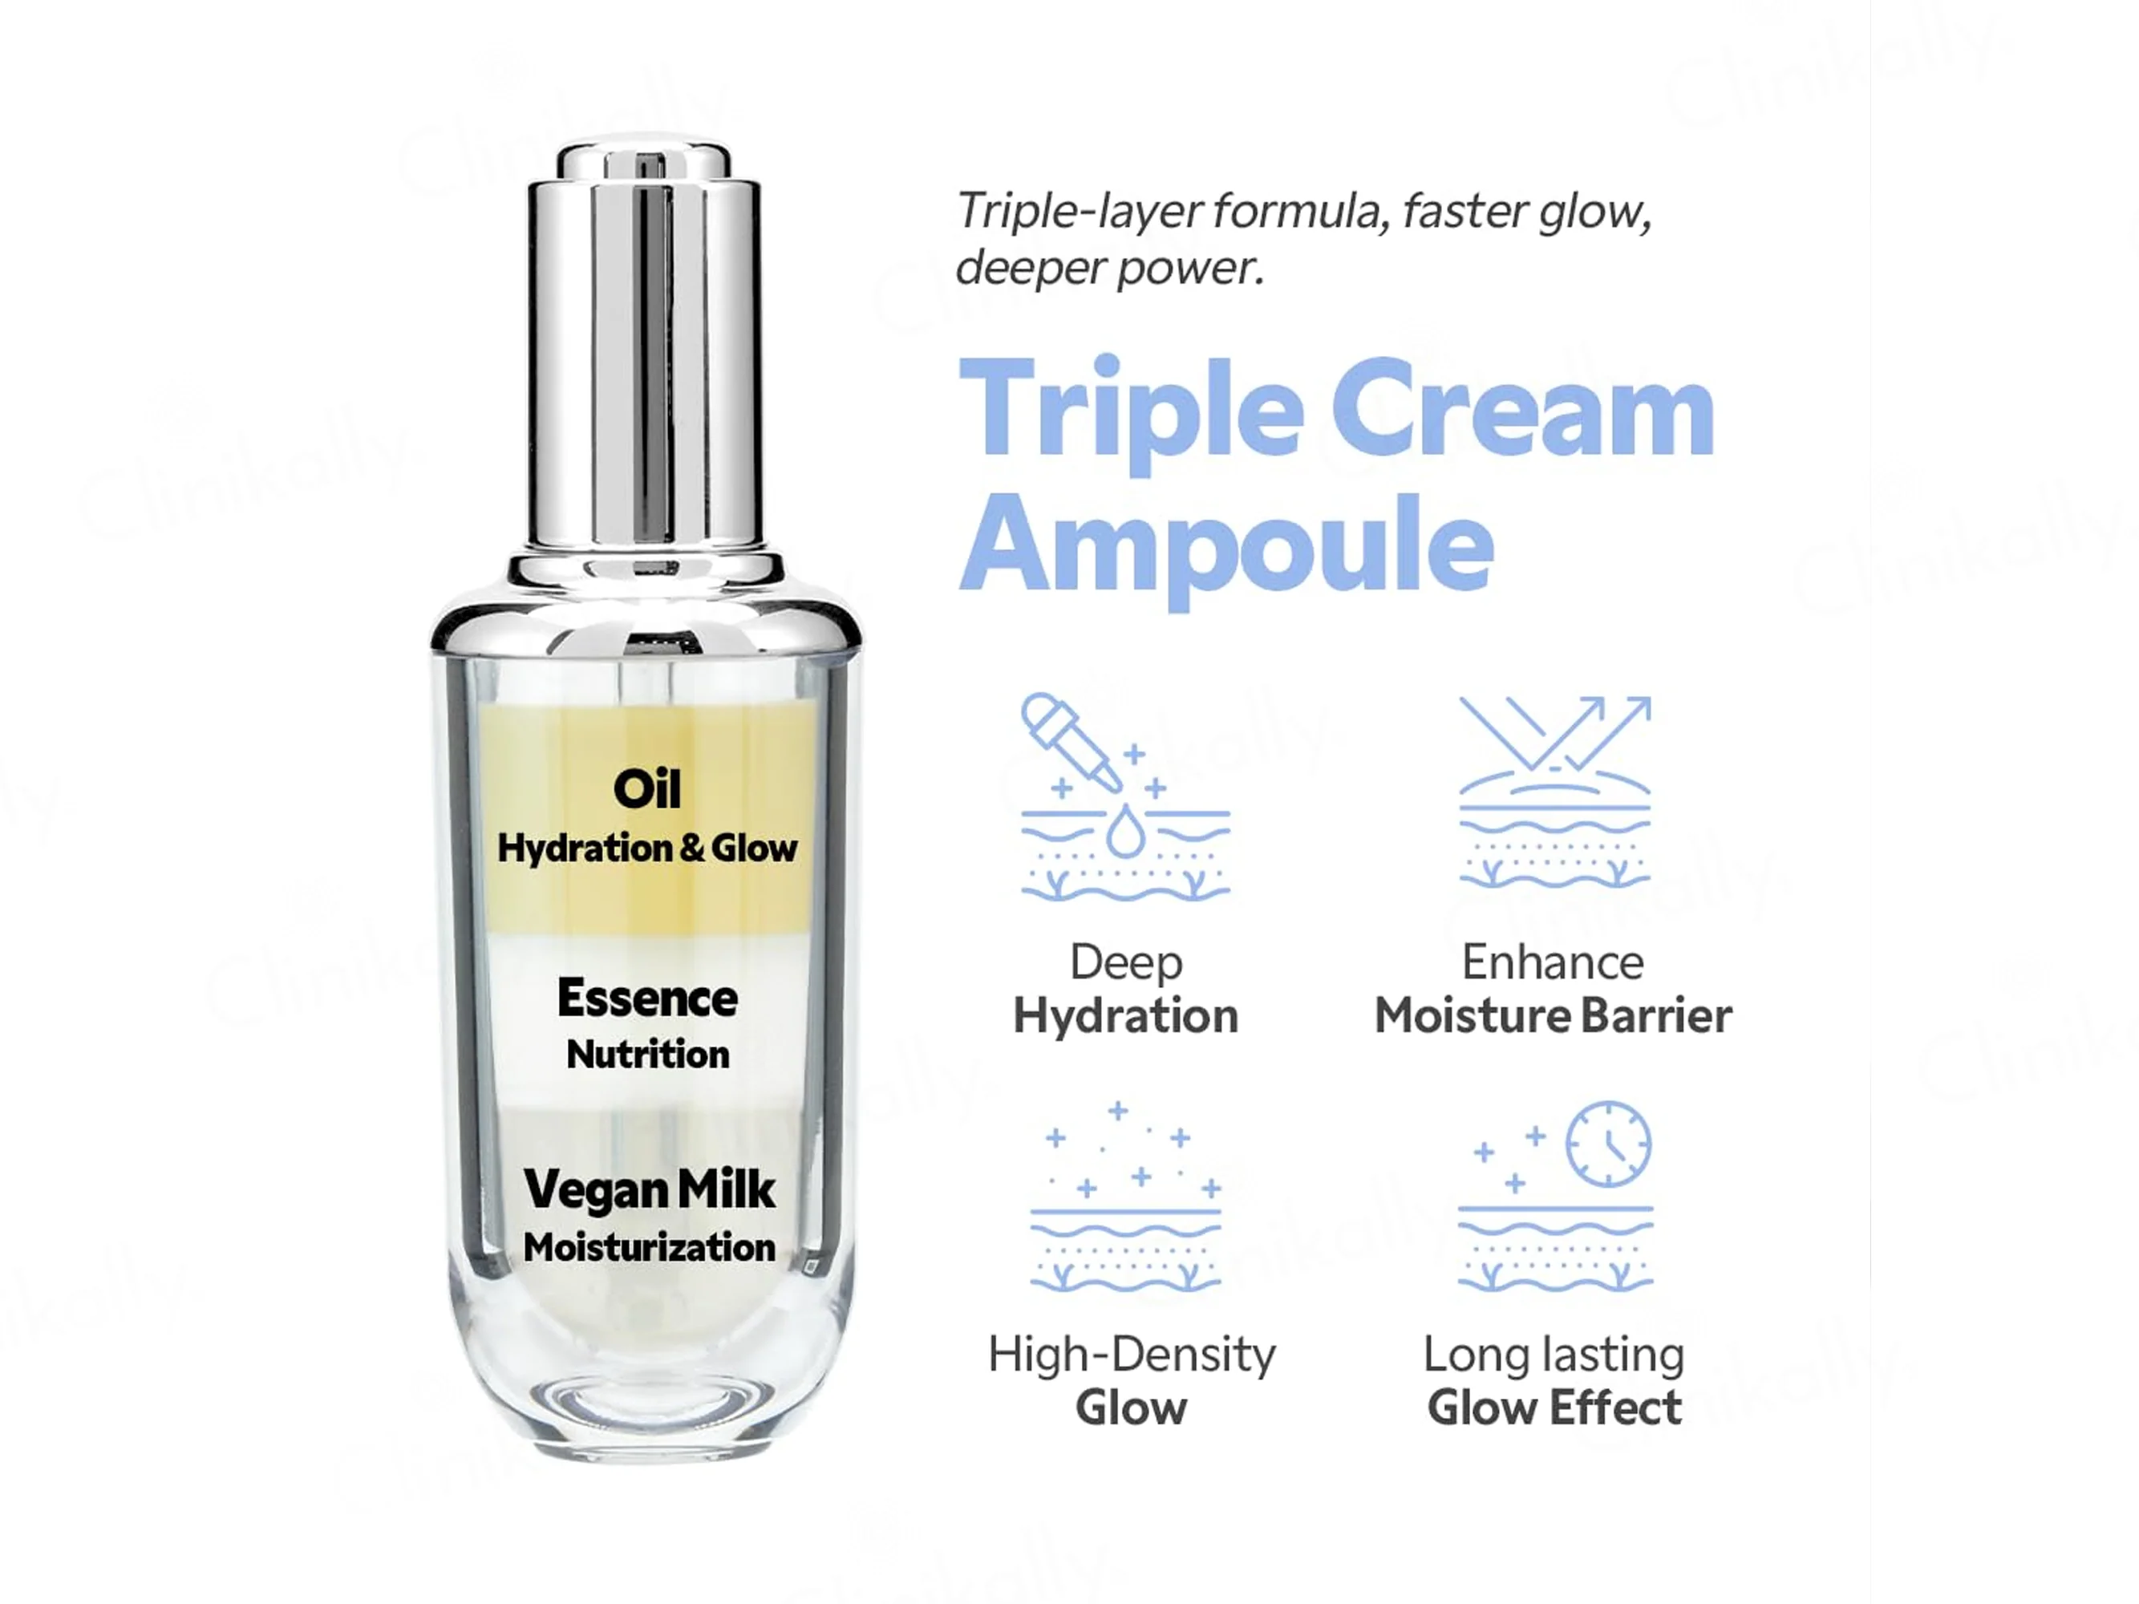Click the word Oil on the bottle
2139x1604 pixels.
tap(647, 789)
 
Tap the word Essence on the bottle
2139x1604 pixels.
tap(647, 998)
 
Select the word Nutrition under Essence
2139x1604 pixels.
tap(648, 1054)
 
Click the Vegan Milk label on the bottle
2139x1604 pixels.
tap(649, 1189)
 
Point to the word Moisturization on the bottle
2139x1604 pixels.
tap(649, 1247)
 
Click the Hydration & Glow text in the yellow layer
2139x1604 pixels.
tap(647, 848)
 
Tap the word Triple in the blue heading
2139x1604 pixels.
tap(1132, 414)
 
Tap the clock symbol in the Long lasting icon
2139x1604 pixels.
tap(1608, 1143)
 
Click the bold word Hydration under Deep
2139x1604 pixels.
tap(1125, 1016)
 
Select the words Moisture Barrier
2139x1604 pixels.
tap(1553, 1015)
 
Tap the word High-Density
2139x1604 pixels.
tap(1132, 1354)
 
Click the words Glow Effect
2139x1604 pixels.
tap(1554, 1407)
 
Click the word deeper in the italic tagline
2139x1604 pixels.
tap(1029, 268)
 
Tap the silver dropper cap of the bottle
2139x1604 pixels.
tap(644, 348)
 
